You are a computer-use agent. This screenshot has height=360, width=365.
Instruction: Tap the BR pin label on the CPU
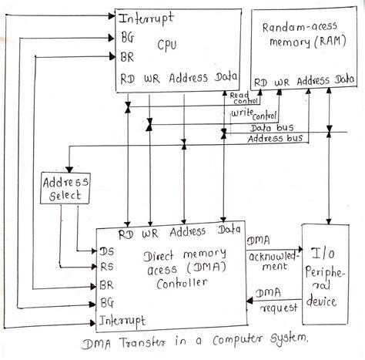click(128, 56)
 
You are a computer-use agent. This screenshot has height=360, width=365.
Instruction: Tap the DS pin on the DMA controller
click(106, 251)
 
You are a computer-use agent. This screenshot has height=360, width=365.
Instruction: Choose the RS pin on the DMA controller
click(106, 268)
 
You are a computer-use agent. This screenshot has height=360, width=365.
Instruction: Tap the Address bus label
click(273, 138)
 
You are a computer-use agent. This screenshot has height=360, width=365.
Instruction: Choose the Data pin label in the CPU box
click(226, 79)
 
